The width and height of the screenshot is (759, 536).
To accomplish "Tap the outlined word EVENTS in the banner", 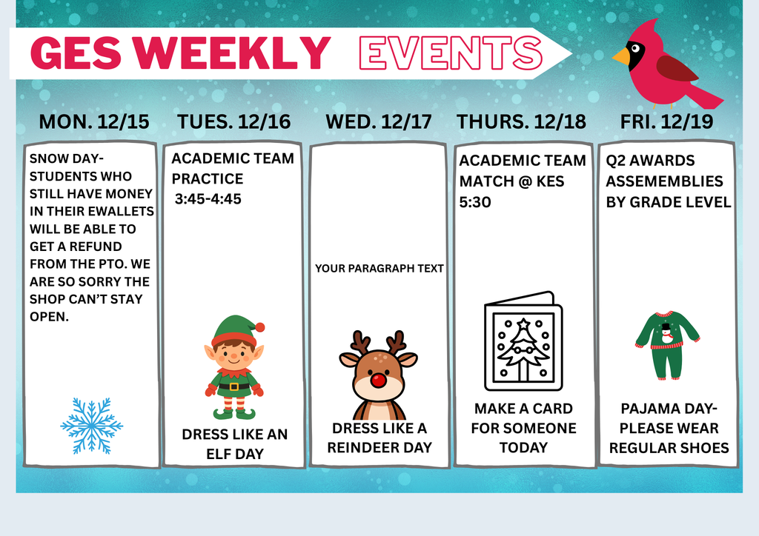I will coord(450,53).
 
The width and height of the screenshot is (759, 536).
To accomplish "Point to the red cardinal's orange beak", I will coord(620,56).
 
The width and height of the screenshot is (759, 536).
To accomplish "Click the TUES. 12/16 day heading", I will coord(233,122).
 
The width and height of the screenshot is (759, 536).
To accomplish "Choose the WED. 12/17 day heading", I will coord(379,122).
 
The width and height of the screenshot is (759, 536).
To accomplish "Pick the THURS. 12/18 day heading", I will coord(521,122).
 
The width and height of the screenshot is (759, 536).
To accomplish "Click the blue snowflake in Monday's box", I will coord(92,426).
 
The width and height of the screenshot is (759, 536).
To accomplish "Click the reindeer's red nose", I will coord(379,381).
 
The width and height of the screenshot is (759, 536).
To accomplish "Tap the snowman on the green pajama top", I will coord(666,332).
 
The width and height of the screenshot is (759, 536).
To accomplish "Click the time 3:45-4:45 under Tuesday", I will coord(208,199).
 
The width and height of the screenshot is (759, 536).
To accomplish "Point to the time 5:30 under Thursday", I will coord(475,201).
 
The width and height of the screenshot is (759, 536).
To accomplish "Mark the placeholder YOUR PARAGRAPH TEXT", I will coord(379,268).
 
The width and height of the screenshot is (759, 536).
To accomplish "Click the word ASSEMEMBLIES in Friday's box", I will coord(664,181).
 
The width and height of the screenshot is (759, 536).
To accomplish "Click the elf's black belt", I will coord(234,386).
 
